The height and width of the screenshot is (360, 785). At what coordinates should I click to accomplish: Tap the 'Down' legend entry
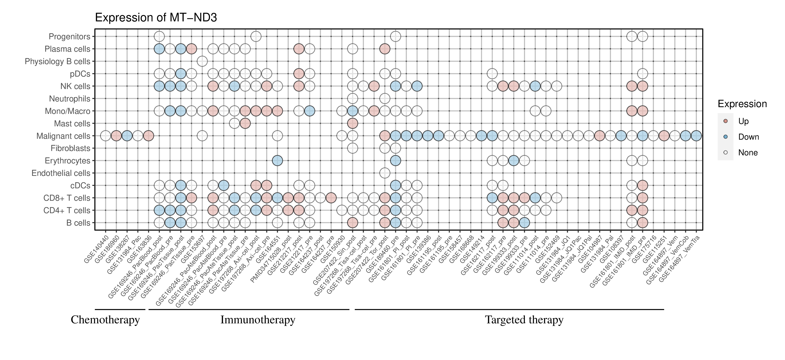[x=748, y=137]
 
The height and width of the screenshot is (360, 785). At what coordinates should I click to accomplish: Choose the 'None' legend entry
[x=747, y=153]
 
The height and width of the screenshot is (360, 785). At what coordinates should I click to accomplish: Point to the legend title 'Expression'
[x=742, y=104]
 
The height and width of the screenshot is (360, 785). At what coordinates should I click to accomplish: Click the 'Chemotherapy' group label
[x=105, y=320]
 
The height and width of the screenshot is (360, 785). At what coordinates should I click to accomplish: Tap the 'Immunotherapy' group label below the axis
[x=258, y=320]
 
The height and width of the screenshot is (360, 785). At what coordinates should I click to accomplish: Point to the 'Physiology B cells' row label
[x=57, y=61]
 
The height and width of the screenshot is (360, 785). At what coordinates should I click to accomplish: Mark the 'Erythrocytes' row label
[x=67, y=161]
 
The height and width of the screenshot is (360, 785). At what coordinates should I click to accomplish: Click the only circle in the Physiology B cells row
[x=202, y=61]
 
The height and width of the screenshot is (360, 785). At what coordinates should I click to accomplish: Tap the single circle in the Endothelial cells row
[x=385, y=173]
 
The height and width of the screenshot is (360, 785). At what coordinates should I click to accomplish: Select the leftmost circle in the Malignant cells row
[x=106, y=136]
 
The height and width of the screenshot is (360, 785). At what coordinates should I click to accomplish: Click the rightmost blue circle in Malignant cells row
[x=696, y=136]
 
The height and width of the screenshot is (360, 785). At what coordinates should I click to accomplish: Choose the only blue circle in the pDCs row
[x=181, y=74]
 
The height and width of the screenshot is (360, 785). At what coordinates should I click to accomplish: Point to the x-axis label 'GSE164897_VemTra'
[x=679, y=259]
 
